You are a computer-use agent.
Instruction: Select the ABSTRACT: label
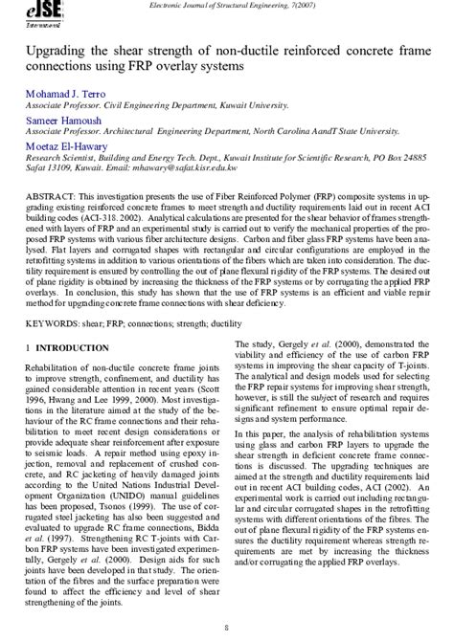coord(48,195)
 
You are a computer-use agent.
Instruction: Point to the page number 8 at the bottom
coord(226,628)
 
